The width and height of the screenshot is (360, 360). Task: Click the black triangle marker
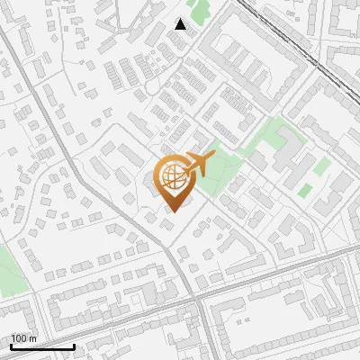tap(181, 24)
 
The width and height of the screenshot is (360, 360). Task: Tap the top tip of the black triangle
tap(181, 19)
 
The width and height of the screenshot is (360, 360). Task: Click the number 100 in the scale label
tap(19, 338)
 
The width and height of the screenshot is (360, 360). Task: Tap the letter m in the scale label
tap(32, 338)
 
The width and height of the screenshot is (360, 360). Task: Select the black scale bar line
tap(42, 346)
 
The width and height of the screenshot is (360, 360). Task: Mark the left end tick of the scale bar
tap(11, 345)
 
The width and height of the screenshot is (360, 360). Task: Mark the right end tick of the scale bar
tap(74, 345)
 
